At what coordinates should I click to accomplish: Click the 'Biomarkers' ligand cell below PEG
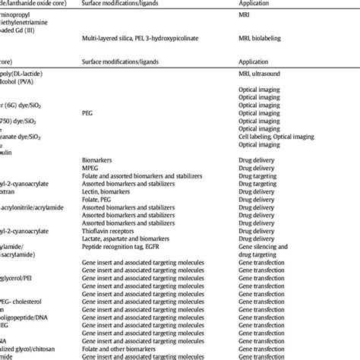[99, 161]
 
